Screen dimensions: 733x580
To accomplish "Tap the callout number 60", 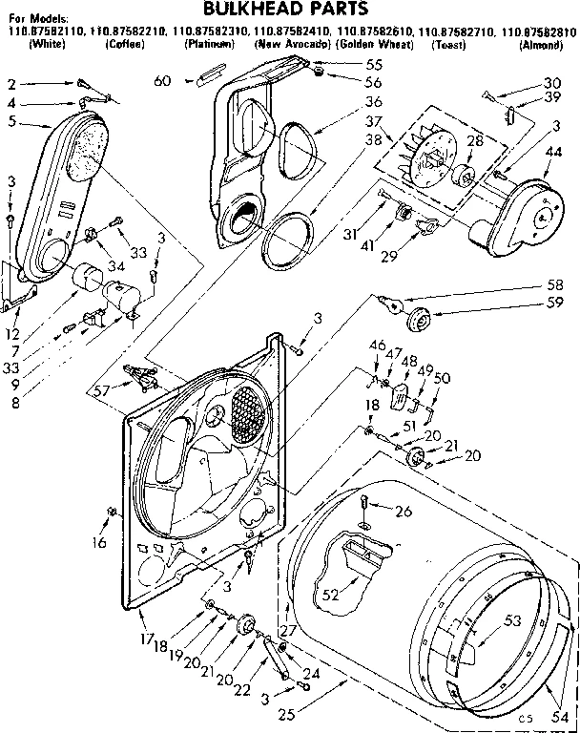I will click(163, 81).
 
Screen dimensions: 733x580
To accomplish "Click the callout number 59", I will click(555, 305).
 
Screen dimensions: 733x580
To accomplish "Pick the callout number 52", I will click(331, 594).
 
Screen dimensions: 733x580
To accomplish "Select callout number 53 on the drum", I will click(512, 621).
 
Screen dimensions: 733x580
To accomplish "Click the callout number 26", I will click(403, 512).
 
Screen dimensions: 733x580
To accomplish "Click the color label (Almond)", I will click(540, 45).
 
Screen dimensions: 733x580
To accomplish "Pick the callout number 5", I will click(10, 121).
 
